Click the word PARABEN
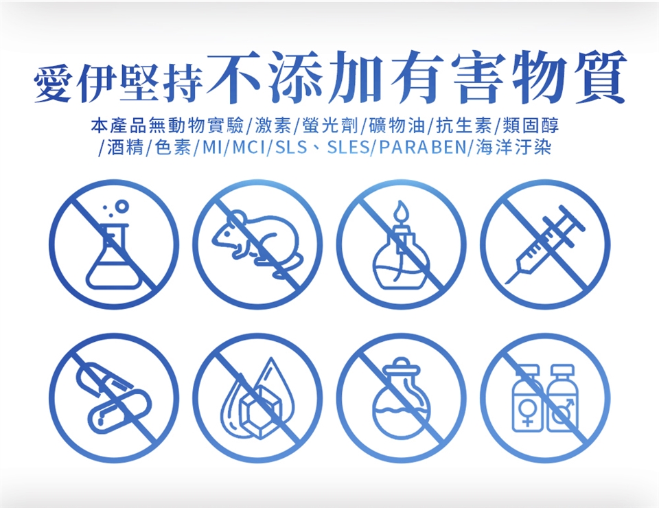422,148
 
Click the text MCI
248,148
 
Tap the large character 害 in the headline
478,78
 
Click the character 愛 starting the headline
54,83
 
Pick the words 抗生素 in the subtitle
464,125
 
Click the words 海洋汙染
513,148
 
